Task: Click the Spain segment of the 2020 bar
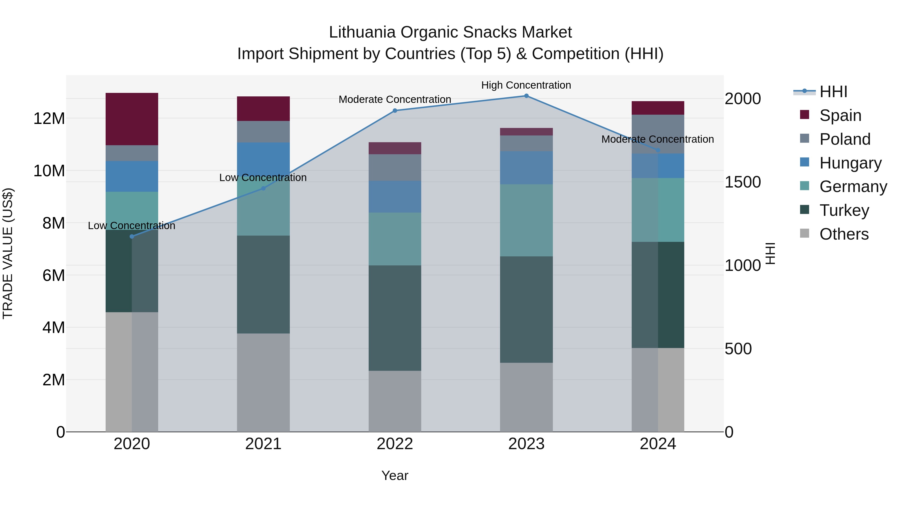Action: click(x=132, y=119)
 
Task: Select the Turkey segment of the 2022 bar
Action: click(x=395, y=318)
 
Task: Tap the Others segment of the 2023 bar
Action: click(x=526, y=397)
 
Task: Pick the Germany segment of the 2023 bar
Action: click(x=526, y=220)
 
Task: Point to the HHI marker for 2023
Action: click(x=526, y=96)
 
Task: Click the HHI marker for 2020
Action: click(x=132, y=237)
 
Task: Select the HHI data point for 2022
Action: click(x=395, y=111)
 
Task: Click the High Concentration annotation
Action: click(x=526, y=85)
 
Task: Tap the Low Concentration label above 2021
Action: click(x=263, y=178)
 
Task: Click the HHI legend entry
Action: click(x=833, y=92)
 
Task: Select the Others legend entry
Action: click(x=844, y=234)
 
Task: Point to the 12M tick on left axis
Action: click(x=49, y=119)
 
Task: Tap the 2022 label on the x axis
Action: click(x=395, y=444)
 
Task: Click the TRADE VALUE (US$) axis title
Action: click(x=8, y=253)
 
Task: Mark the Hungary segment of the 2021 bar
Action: click(x=263, y=159)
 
